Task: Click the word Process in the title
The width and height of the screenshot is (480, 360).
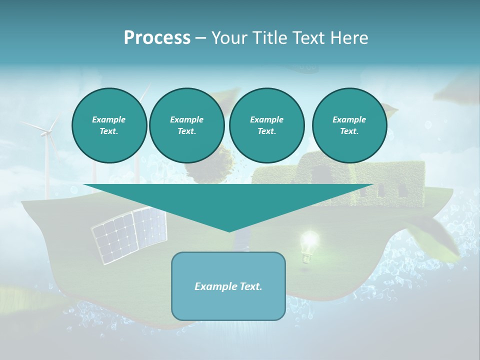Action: pyautogui.click(x=157, y=37)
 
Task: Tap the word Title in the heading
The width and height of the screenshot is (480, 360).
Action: pyautogui.click(x=266, y=37)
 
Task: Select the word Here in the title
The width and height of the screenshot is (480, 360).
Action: pyautogui.click(x=348, y=37)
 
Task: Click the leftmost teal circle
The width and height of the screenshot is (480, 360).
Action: pyautogui.click(x=109, y=125)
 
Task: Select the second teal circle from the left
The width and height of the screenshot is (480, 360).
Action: pyautogui.click(x=186, y=125)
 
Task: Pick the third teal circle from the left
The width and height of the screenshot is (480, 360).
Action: pyautogui.click(x=266, y=125)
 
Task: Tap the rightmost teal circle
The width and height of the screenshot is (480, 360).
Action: pyautogui.click(x=349, y=125)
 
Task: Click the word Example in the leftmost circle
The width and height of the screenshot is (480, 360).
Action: pyautogui.click(x=109, y=119)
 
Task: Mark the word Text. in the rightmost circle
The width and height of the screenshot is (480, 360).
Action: pyautogui.click(x=349, y=131)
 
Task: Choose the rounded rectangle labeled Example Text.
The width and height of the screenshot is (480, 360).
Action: pyautogui.click(x=228, y=286)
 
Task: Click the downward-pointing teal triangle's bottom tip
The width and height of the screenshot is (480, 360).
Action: pyautogui.click(x=229, y=231)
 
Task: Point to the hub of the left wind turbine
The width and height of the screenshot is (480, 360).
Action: pyautogui.click(x=46, y=132)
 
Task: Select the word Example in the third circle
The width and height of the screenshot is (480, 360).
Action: pyautogui.click(x=266, y=119)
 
